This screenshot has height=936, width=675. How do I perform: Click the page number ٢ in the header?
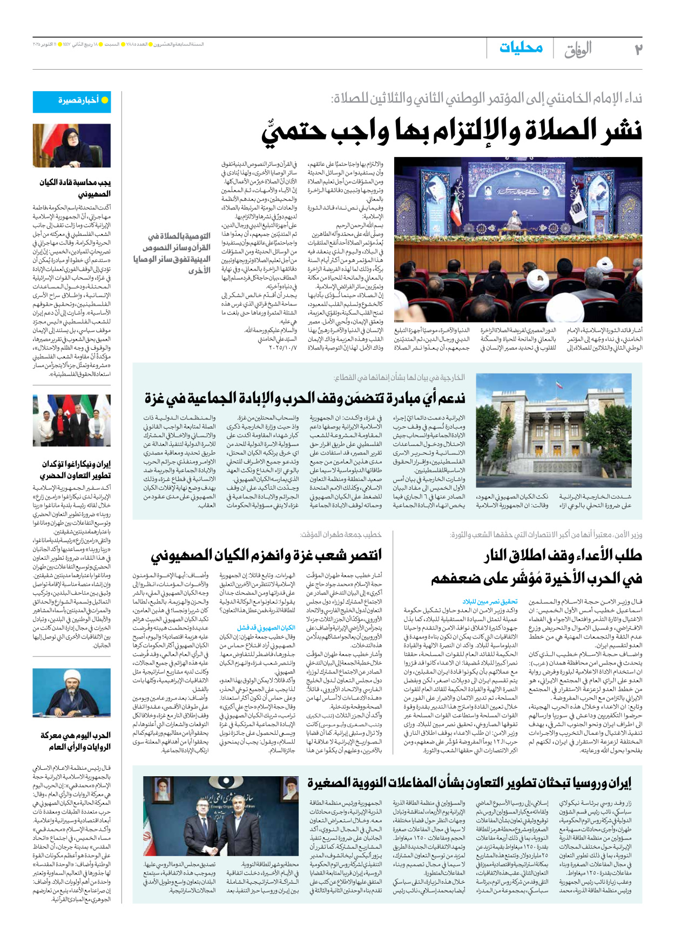pos(638,49)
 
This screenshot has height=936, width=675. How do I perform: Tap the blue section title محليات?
pos(521,48)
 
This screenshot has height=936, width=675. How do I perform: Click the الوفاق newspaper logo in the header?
pos(578,50)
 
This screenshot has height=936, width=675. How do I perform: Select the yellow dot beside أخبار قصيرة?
pos(105,100)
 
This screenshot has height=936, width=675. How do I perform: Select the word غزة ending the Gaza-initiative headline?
pos(155,399)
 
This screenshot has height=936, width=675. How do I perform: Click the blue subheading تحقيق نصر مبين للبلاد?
pos(490,601)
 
